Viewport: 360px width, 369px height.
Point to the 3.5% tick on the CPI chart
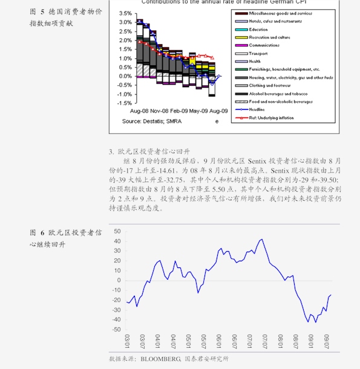[125, 13]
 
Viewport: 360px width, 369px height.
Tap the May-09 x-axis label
[200, 111]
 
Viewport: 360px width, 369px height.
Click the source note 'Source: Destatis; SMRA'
[152, 122]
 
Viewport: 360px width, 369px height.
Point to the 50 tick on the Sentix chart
[117, 232]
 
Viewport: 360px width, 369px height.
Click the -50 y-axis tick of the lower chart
[116, 330]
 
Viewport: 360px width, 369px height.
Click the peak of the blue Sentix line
[261, 239]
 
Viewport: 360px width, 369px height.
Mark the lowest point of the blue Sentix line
[308, 322]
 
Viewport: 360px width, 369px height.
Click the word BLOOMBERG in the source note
[161, 359]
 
